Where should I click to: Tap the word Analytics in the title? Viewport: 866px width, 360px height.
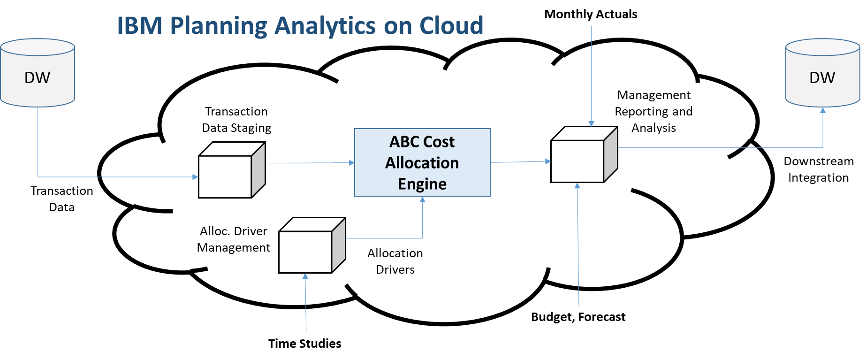pos(325,26)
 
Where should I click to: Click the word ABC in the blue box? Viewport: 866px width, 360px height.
pos(405,142)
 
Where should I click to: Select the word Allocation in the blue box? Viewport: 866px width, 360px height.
pos(422,163)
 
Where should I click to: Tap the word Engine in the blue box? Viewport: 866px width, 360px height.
pos(422,184)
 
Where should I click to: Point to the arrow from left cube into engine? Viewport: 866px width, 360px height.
pos(310,163)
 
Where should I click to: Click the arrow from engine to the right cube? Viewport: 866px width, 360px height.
pos(521,162)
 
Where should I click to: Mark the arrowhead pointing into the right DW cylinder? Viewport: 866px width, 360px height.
pos(823,111)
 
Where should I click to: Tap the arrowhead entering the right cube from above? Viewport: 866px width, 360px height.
pos(592,123)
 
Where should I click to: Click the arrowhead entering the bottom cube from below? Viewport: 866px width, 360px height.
pos(305,277)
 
